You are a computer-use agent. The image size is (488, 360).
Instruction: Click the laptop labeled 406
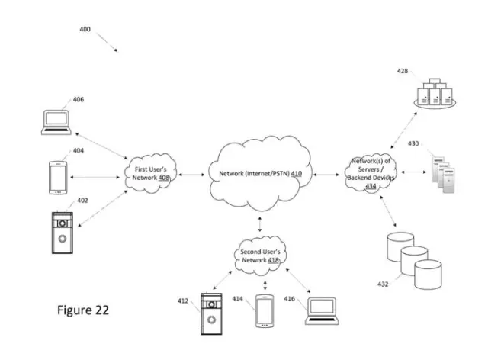click(56, 122)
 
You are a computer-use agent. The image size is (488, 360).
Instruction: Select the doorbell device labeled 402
click(61, 233)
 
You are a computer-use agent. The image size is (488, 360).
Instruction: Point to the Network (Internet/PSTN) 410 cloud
click(258, 174)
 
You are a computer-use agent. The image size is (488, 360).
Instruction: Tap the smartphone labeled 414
click(265, 312)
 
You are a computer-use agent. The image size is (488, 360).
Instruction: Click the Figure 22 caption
click(83, 310)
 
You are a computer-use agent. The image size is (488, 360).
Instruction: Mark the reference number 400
click(85, 29)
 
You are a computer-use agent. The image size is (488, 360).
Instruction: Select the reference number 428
click(402, 72)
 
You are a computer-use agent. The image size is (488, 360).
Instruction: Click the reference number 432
click(382, 284)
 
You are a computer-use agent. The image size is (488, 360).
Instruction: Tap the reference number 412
click(183, 300)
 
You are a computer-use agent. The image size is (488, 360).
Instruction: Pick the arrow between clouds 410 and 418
click(261, 223)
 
